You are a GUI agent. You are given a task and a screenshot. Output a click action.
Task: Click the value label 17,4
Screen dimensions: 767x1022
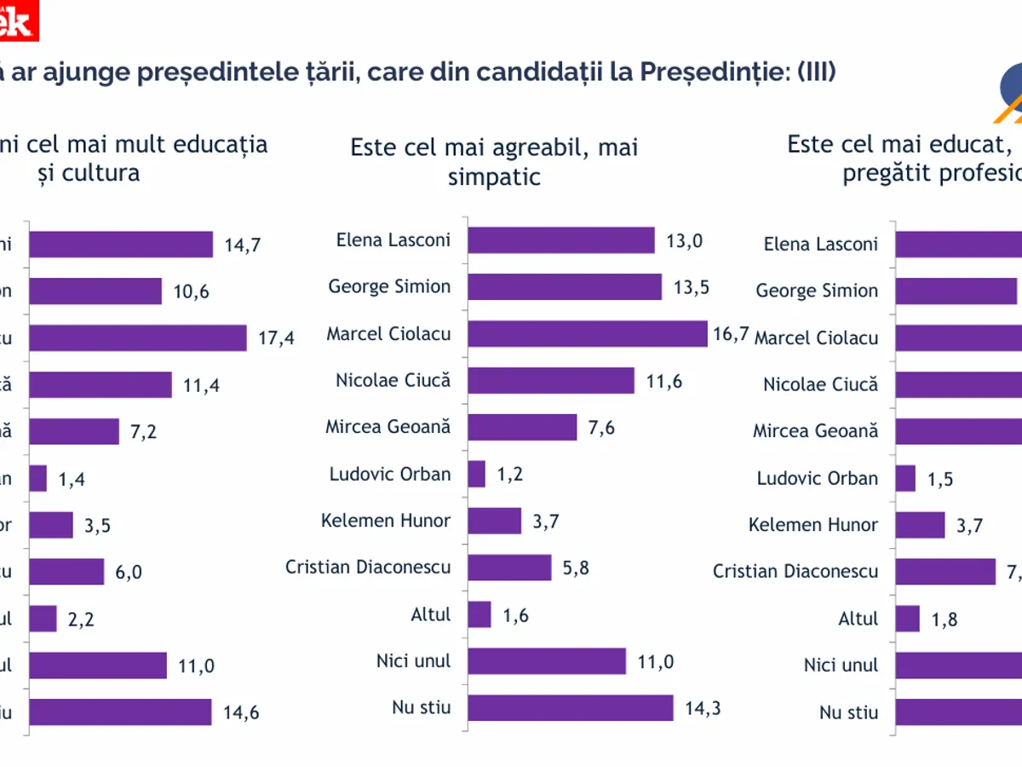click(276, 338)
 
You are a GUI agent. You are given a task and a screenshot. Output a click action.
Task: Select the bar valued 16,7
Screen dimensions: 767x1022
click(588, 333)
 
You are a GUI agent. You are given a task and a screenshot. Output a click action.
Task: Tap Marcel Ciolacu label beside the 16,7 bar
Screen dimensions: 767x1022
click(388, 333)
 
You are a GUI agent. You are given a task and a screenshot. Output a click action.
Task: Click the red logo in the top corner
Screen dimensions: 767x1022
click(19, 19)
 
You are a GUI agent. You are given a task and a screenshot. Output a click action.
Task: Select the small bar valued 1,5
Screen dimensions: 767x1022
click(905, 478)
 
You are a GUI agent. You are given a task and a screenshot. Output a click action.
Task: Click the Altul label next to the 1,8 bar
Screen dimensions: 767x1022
click(858, 619)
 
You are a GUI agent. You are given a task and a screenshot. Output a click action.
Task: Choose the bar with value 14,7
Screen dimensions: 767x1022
click(121, 245)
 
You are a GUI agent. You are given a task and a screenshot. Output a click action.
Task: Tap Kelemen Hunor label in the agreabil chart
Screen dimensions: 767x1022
click(386, 520)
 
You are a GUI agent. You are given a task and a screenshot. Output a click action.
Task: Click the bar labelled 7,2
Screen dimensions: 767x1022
click(74, 431)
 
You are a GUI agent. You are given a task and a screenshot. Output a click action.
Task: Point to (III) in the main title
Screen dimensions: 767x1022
click(816, 72)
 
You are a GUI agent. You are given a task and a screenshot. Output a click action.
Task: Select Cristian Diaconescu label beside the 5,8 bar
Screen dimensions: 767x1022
click(368, 567)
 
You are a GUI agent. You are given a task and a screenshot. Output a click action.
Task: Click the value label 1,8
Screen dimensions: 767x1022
click(945, 620)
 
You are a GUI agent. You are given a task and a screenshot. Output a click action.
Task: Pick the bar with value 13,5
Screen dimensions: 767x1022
click(565, 287)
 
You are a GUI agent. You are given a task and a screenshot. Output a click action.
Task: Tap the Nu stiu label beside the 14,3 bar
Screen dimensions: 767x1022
click(421, 706)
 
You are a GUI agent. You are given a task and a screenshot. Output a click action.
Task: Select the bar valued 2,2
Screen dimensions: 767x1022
click(43, 619)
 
